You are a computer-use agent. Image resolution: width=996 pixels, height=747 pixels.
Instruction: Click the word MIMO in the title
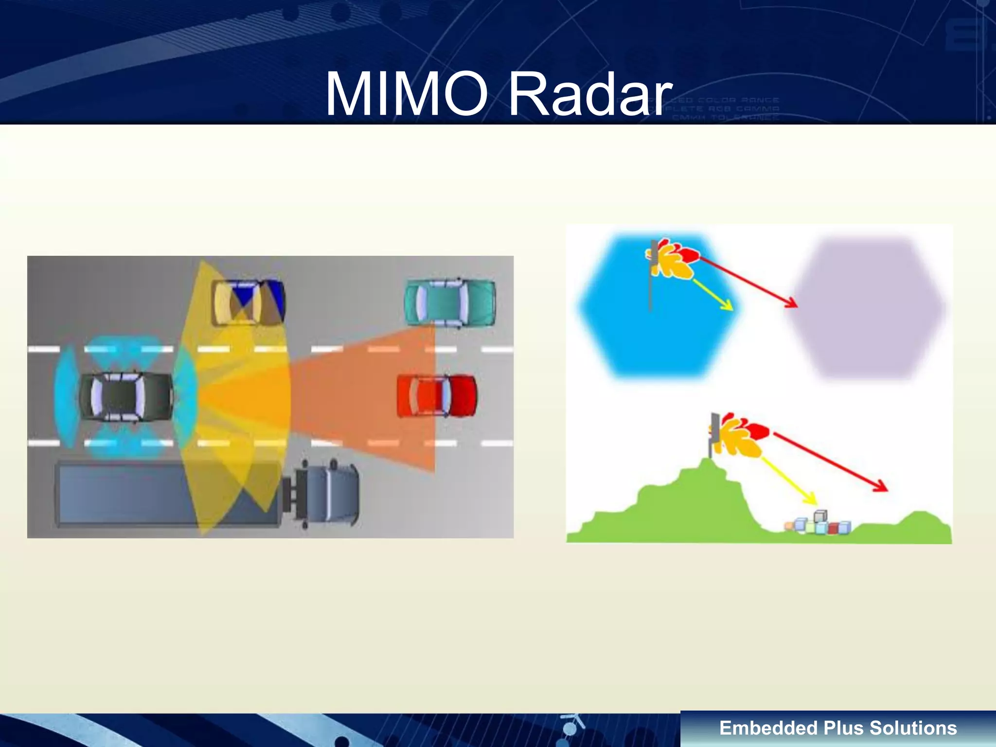[x=406, y=93]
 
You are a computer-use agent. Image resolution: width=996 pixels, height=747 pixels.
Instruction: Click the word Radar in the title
[x=589, y=93]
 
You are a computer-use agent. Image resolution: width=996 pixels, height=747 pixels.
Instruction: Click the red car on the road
[x=436, y=395]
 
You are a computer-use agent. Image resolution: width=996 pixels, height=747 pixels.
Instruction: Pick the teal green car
[x=450, y=302]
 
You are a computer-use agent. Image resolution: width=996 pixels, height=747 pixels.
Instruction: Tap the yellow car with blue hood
[x=248, y=302]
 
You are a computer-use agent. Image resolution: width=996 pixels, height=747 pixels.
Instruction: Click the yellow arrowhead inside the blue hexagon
[x=728, y=306]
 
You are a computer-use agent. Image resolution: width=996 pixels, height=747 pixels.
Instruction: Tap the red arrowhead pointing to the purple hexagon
[x=791, y=302]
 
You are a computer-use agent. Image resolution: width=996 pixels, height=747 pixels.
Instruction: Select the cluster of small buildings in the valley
[x=818, y=524]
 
